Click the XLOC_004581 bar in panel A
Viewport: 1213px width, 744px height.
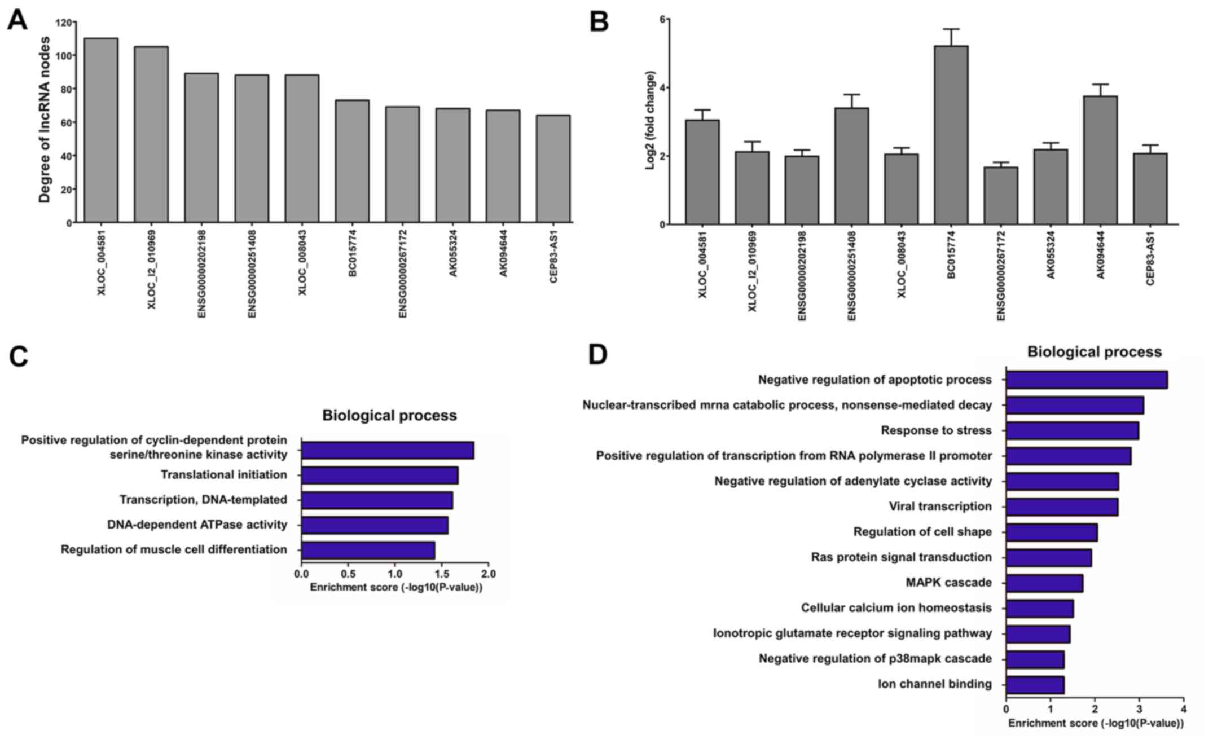pos(101,130)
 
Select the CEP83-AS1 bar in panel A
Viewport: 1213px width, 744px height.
pos(553,169)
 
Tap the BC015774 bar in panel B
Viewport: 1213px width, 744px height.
pos(951,135)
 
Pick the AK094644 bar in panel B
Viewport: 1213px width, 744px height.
pos(1100,160)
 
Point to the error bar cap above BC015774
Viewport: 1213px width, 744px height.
pos(951,29)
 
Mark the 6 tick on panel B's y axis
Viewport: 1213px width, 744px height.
pos(664,19)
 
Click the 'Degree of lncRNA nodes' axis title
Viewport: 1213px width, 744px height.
pos(45,120)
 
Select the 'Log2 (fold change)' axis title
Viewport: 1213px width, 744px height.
pos(651,120)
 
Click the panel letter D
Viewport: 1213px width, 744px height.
pos(598,355)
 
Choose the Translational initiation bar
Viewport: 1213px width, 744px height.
pos(379,476)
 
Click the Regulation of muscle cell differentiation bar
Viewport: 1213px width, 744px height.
pos(368,550)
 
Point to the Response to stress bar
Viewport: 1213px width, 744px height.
pos(1072,431)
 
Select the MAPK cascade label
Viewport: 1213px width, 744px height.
pos(948,582)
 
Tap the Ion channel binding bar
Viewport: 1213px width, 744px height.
pos(1035,685)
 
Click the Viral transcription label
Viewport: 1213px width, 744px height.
pos(940,507)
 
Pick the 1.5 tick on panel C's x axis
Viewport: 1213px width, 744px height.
pos(442,574)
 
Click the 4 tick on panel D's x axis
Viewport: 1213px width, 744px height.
pos(1184,708)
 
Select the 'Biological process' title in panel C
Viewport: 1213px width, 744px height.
pos(389,416)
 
